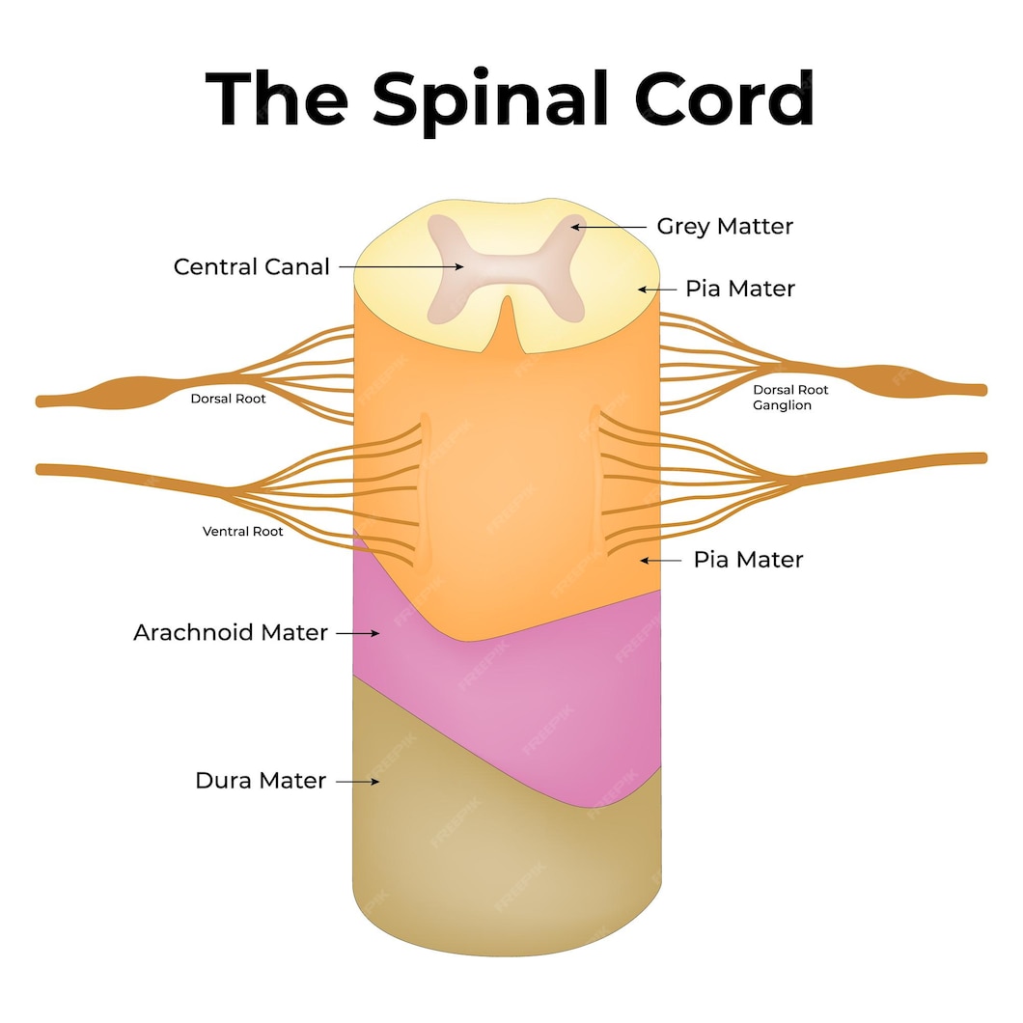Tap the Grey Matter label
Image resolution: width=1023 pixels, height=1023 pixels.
point(725,227)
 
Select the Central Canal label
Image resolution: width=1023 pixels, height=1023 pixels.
point(251,266)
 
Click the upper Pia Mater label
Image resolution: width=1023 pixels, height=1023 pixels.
point(740,289)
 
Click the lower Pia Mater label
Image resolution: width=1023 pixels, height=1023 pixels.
point(748,560)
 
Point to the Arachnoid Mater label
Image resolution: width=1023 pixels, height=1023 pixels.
point(231,633)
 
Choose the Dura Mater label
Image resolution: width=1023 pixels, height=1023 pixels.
point(261,781)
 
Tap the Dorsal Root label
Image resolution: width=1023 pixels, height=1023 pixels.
point(228,399)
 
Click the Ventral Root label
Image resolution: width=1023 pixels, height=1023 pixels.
point(242,532)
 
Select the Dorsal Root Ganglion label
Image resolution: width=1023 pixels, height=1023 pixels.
point(790,398)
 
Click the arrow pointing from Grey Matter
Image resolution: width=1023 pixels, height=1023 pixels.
point(608,227)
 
